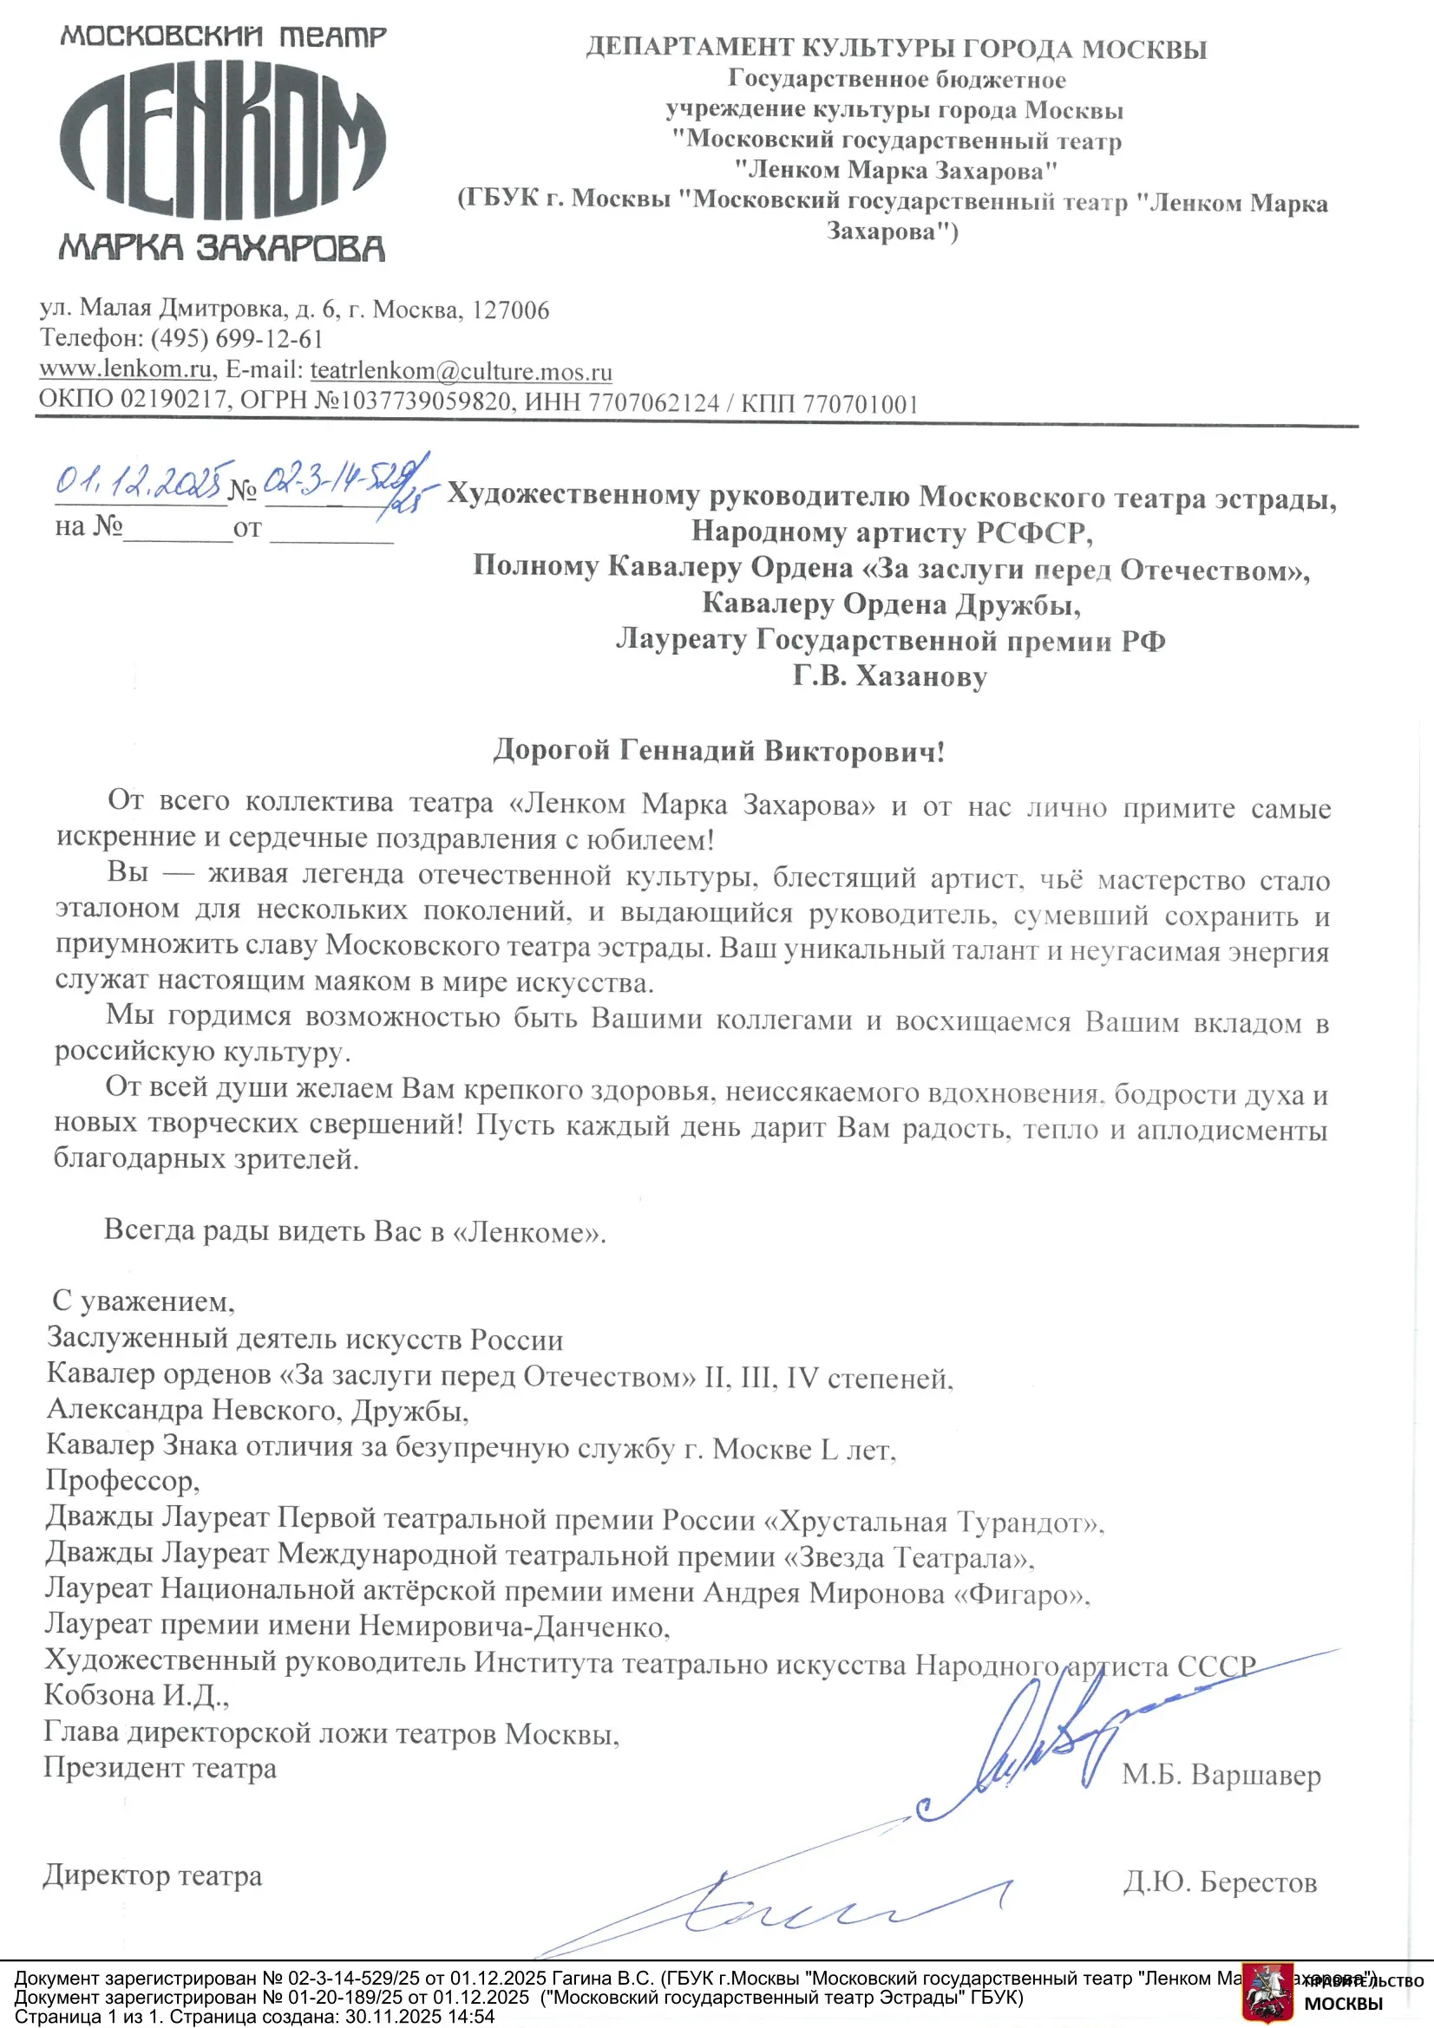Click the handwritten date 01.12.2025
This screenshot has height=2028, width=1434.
pyautogui.click(x=141, y=481)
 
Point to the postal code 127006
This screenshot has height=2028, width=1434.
pyautogui.click(x=511, y=310)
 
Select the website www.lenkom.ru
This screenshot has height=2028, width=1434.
pyautogui.click(x=125, y=368)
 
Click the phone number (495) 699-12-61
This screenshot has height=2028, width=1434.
pyautogui.click(x=237, y=339)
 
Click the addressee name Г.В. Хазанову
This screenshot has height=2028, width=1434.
pyautogui.click(x=889, y=676)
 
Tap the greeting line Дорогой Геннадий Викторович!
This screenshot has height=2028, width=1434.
pyautogui.click(x=718, y=751)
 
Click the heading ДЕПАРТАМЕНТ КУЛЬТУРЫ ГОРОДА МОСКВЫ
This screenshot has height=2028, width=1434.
pyautogui.click(x=896, y=48)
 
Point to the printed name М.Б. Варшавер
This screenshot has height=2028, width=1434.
pyautogui.click(x=1221, y=1776)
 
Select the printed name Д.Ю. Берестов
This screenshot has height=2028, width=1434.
pyautogui.click(x=1220, y=1882)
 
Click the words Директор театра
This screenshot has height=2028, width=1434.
pyautogui.click(x=152, y=1876)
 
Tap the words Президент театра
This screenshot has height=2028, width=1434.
pyautogui.click(x=160, y=1767)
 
